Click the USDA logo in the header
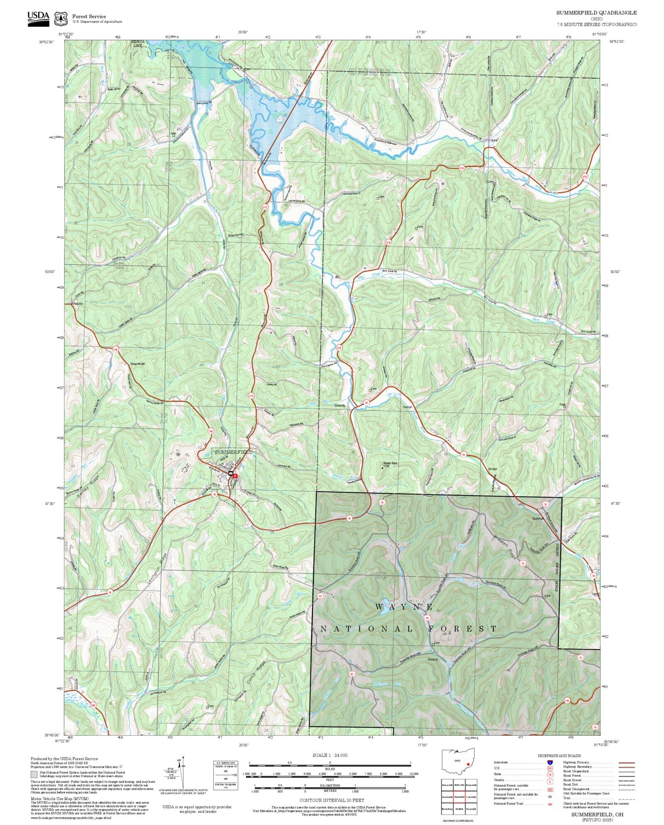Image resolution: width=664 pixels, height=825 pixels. click(38, 17)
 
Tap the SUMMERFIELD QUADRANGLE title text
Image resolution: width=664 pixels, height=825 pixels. click(596, 13)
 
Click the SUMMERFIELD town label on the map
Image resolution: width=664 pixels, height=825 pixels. click(233, 452)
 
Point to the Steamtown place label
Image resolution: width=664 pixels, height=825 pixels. click(137, 364)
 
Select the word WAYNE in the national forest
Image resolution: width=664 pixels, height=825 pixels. click(404, 607)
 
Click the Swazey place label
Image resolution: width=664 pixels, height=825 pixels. click(432, 659)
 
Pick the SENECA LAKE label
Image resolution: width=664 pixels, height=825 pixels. click(138, 44)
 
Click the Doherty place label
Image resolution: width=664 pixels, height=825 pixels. click(340, 406)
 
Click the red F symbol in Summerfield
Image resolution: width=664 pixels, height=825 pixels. click(235, 476)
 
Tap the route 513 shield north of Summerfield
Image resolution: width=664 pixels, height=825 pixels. click(251, 395)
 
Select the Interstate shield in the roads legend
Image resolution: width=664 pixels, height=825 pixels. click(550, 762)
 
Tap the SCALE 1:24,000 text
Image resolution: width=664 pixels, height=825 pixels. click(329, 755)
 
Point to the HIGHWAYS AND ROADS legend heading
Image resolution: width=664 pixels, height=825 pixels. click(559, 756)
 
